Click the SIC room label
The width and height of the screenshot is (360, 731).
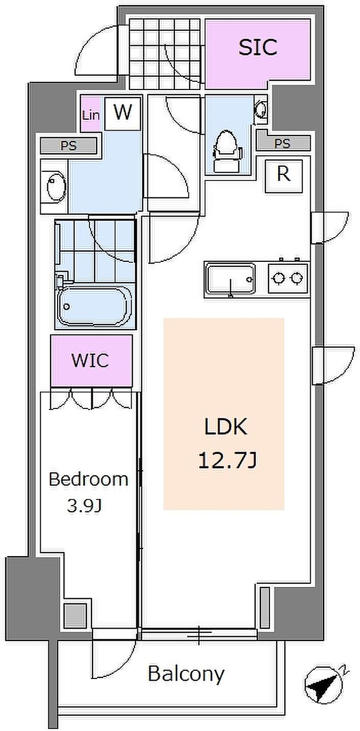(x=258, y=47)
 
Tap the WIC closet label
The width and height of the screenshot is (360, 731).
(x=90, y=360)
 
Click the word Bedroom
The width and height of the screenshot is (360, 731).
(x=88, y=479)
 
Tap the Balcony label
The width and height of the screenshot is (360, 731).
(x=186, y=674)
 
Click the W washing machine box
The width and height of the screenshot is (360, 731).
(x=123, y=113)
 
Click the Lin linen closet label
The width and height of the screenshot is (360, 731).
(x=91, y=115)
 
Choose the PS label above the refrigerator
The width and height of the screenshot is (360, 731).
(x=282, y=144)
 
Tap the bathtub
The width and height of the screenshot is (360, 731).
(x=94, y=306)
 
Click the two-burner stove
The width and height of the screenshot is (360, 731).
(x=288, y=278)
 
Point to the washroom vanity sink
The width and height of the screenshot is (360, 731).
(x=54, y=187)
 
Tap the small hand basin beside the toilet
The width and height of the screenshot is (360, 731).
(x=260, y=109)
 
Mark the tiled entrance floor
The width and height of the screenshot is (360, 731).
(x=164, y=54)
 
